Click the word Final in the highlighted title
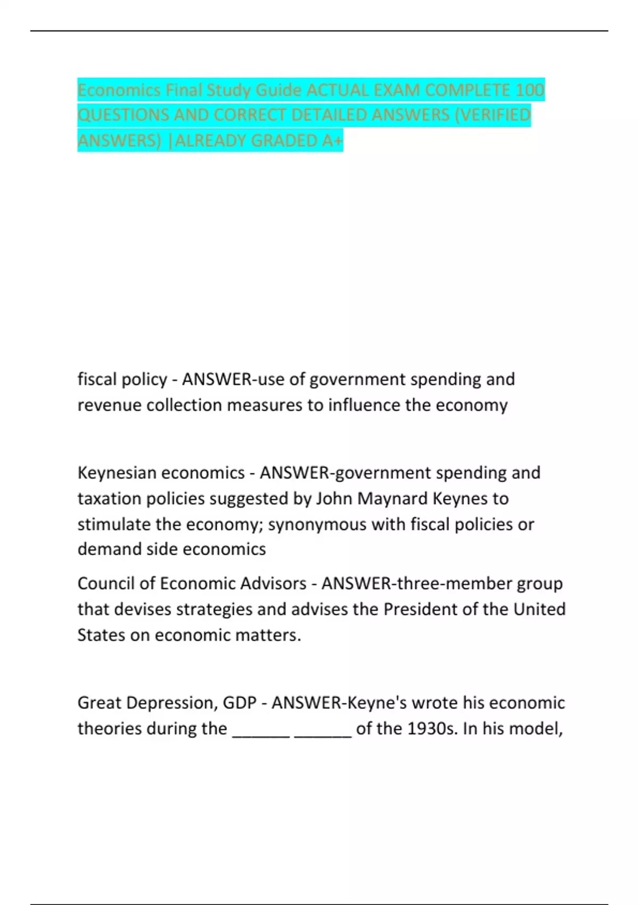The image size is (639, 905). [x=183, y=90]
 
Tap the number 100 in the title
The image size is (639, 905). [x=530, y=90]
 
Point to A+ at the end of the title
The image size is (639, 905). [x=333, y=141]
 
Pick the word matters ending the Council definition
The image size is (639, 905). [x=269, y=635]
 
